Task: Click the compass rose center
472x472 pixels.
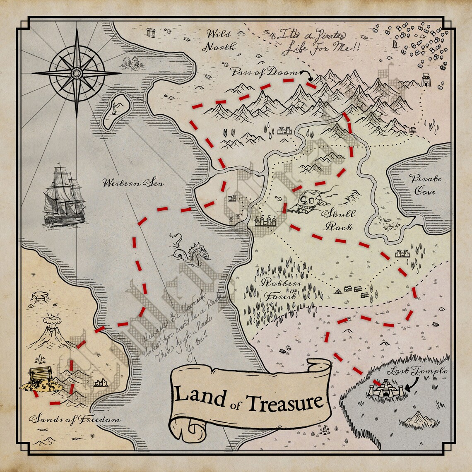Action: click(x=77, y=73)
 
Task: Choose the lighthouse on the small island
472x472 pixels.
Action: click(x=114, y=110)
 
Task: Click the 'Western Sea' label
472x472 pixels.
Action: click(x=133, y=183)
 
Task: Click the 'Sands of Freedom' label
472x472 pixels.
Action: click(x=75, y=419)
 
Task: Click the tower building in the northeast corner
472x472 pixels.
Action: click(x=426, y=79)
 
